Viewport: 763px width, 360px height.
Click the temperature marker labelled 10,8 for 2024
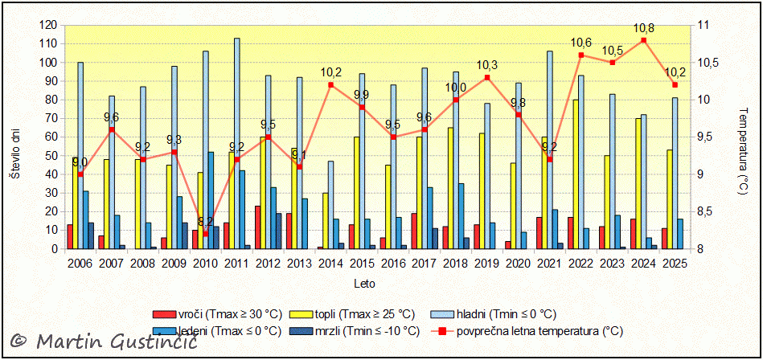643,40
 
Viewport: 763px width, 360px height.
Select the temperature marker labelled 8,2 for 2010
205,234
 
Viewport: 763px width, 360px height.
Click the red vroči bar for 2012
257,227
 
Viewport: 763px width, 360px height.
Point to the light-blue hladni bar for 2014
330,205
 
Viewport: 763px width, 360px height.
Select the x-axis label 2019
487,263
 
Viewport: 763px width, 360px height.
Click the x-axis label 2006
80,263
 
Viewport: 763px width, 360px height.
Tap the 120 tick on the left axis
50,25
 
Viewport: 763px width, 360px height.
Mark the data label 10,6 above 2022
581,43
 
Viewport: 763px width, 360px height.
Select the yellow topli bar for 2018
450,188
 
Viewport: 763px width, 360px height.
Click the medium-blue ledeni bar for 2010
211,200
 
